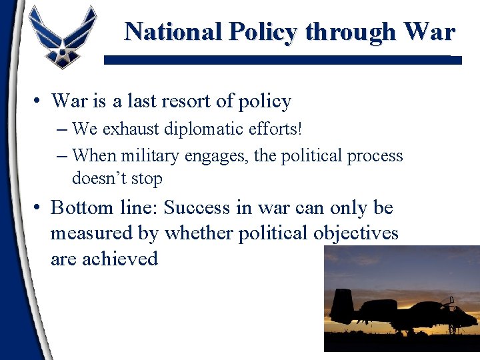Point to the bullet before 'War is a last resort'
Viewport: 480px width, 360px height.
point(38,101)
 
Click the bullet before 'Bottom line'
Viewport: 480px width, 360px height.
point(38,208)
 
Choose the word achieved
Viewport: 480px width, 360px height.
point(119,258)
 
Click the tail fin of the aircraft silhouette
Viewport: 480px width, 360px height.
point(341,307)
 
